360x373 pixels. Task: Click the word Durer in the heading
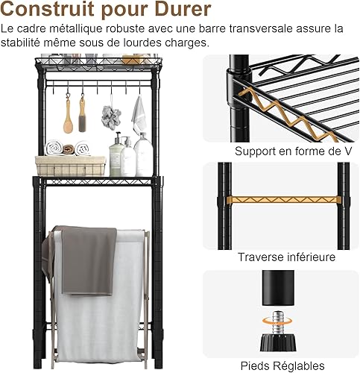pyautogui.click(x=183, y=10)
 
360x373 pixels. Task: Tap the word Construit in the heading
pyautogui.click(x=48, y=10)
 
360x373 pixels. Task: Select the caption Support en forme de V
pyautogui.click(x=293, y=151)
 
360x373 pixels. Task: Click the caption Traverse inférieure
pyautogui.click(x=287, y=257)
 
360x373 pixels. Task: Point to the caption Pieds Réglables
pyautogui.click(x=282, y=366)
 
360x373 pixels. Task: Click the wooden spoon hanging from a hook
pyautogui.click(x=68, y=114)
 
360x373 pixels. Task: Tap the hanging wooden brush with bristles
pyautogui.click(x=82, y=114)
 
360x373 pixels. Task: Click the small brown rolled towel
pyautogui.click(x=69, y=149)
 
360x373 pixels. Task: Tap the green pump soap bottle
pyautogui.click(x=116, y=155)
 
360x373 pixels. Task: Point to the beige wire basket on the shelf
pyautogui.click(x=71, y=166)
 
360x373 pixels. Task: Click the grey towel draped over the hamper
pyautogui.click(x=89, y=261)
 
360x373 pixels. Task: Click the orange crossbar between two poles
pyautogui.click(x=284, y=199)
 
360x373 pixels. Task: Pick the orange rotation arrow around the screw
pyautogui.click(x=277, y=321)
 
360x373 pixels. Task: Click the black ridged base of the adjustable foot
pyautogui.click(x=278, y=342)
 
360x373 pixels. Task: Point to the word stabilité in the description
pyautogui.click(x=20, y=43)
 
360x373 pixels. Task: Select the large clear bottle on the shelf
pyautogui.click(x=144, y=155)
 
